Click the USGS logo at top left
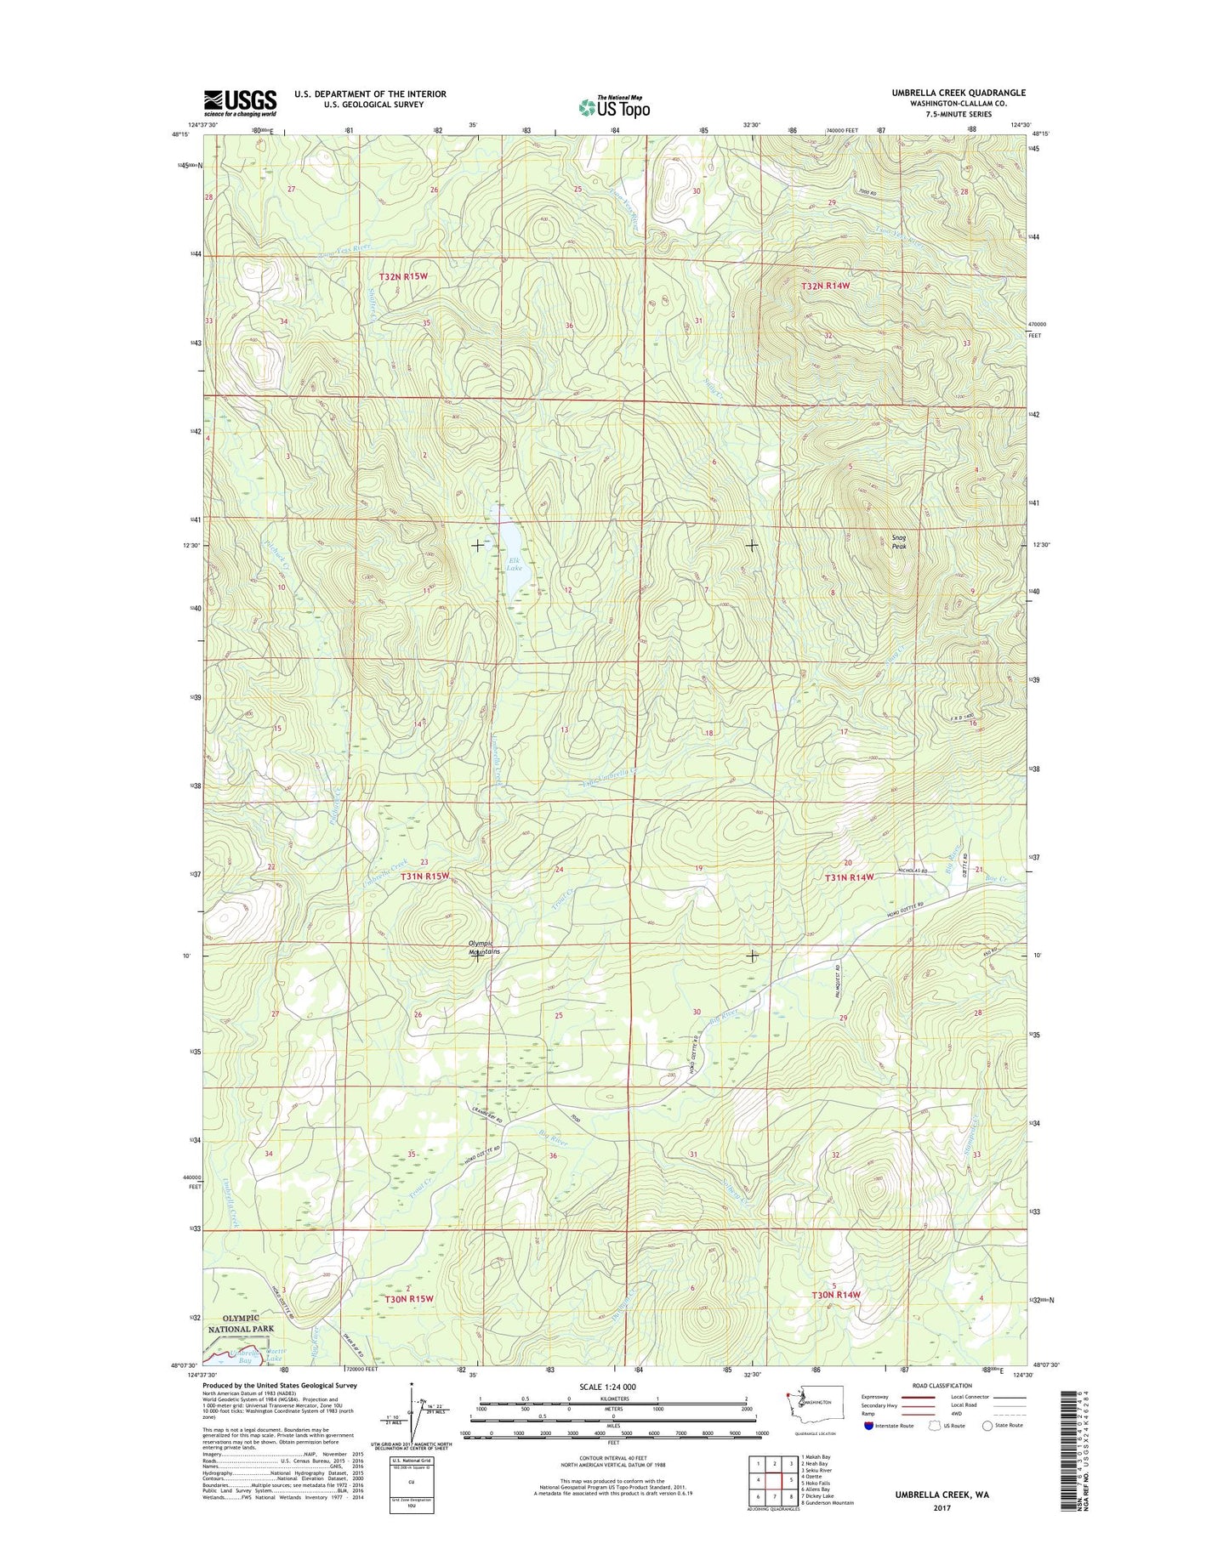240,102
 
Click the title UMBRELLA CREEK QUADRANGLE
959,93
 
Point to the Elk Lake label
514,564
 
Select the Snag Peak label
899,542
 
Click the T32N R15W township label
404,277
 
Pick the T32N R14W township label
825,287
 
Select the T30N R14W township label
836,1295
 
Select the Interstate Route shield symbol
868,1426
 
